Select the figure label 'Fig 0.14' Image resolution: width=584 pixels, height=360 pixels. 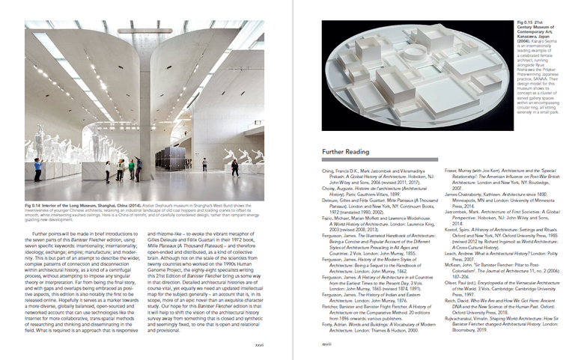[x=33, y=203]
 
